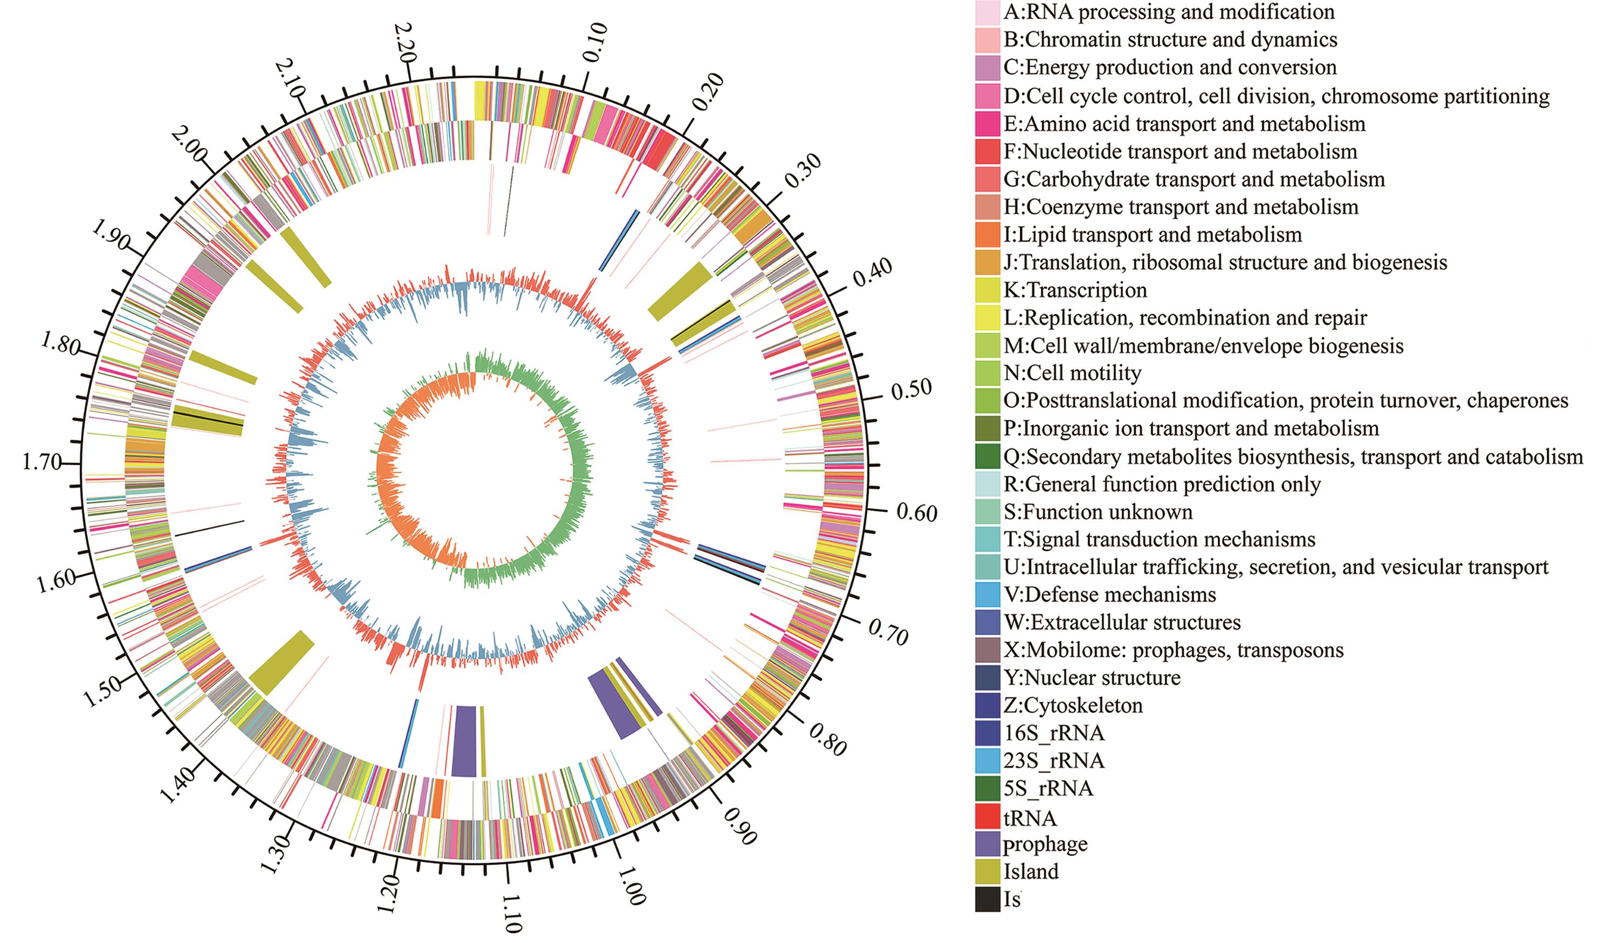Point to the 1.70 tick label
pyautogui.click(x=42, y=462)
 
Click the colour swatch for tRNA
pyautogui.click(x=987, y=817)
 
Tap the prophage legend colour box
pyautogui.click(x=987, y=844)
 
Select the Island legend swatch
pyautogui.click(x=987, y=872)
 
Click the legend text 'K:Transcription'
pyautogui.click(x=1075, y=290)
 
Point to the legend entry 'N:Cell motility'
pyautogui.click(x=1072, y=373)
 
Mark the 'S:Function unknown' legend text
pyautogui.click(x=1098, y=512)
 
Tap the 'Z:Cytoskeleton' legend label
pyautogui.click(x=1073, y=705)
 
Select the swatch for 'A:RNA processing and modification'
pyautogui.click(x=987, y=12)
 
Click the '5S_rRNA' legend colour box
pyautogui.click(x=987, y=789)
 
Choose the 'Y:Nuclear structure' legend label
pyautogui.click(x=1092, y=678)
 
